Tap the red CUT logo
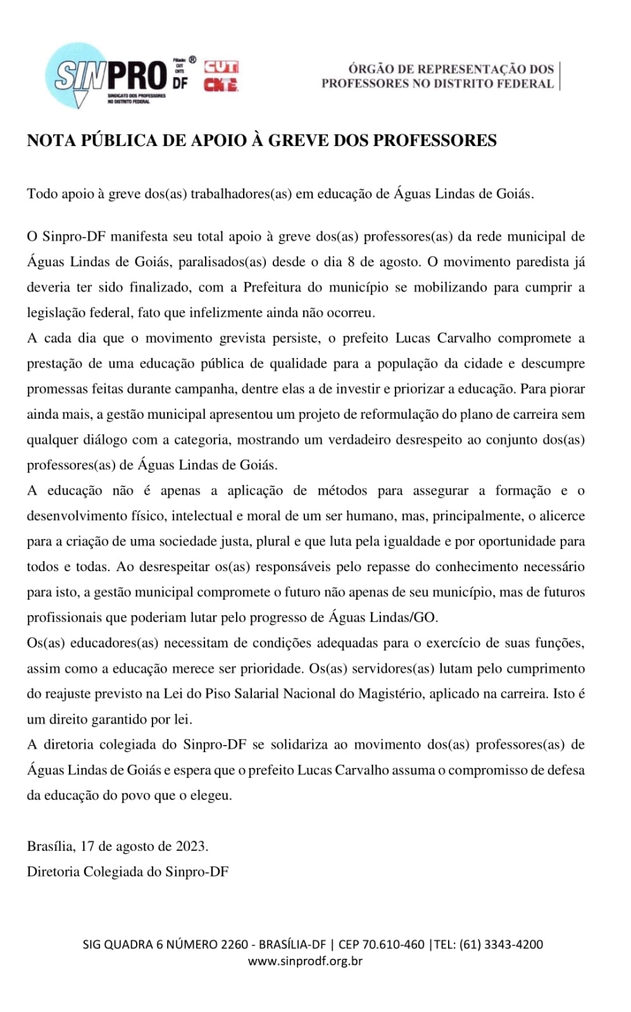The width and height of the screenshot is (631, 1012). (221, 67)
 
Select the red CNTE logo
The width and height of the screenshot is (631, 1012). (221, 84)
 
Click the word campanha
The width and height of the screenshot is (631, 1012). (204, 389)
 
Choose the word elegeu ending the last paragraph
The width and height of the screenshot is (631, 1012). (211, 796)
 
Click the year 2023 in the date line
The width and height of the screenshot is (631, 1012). (191, 846)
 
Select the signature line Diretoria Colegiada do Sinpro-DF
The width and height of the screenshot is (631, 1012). (128, 872)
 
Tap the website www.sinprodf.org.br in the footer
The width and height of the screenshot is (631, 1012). (305, 961)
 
